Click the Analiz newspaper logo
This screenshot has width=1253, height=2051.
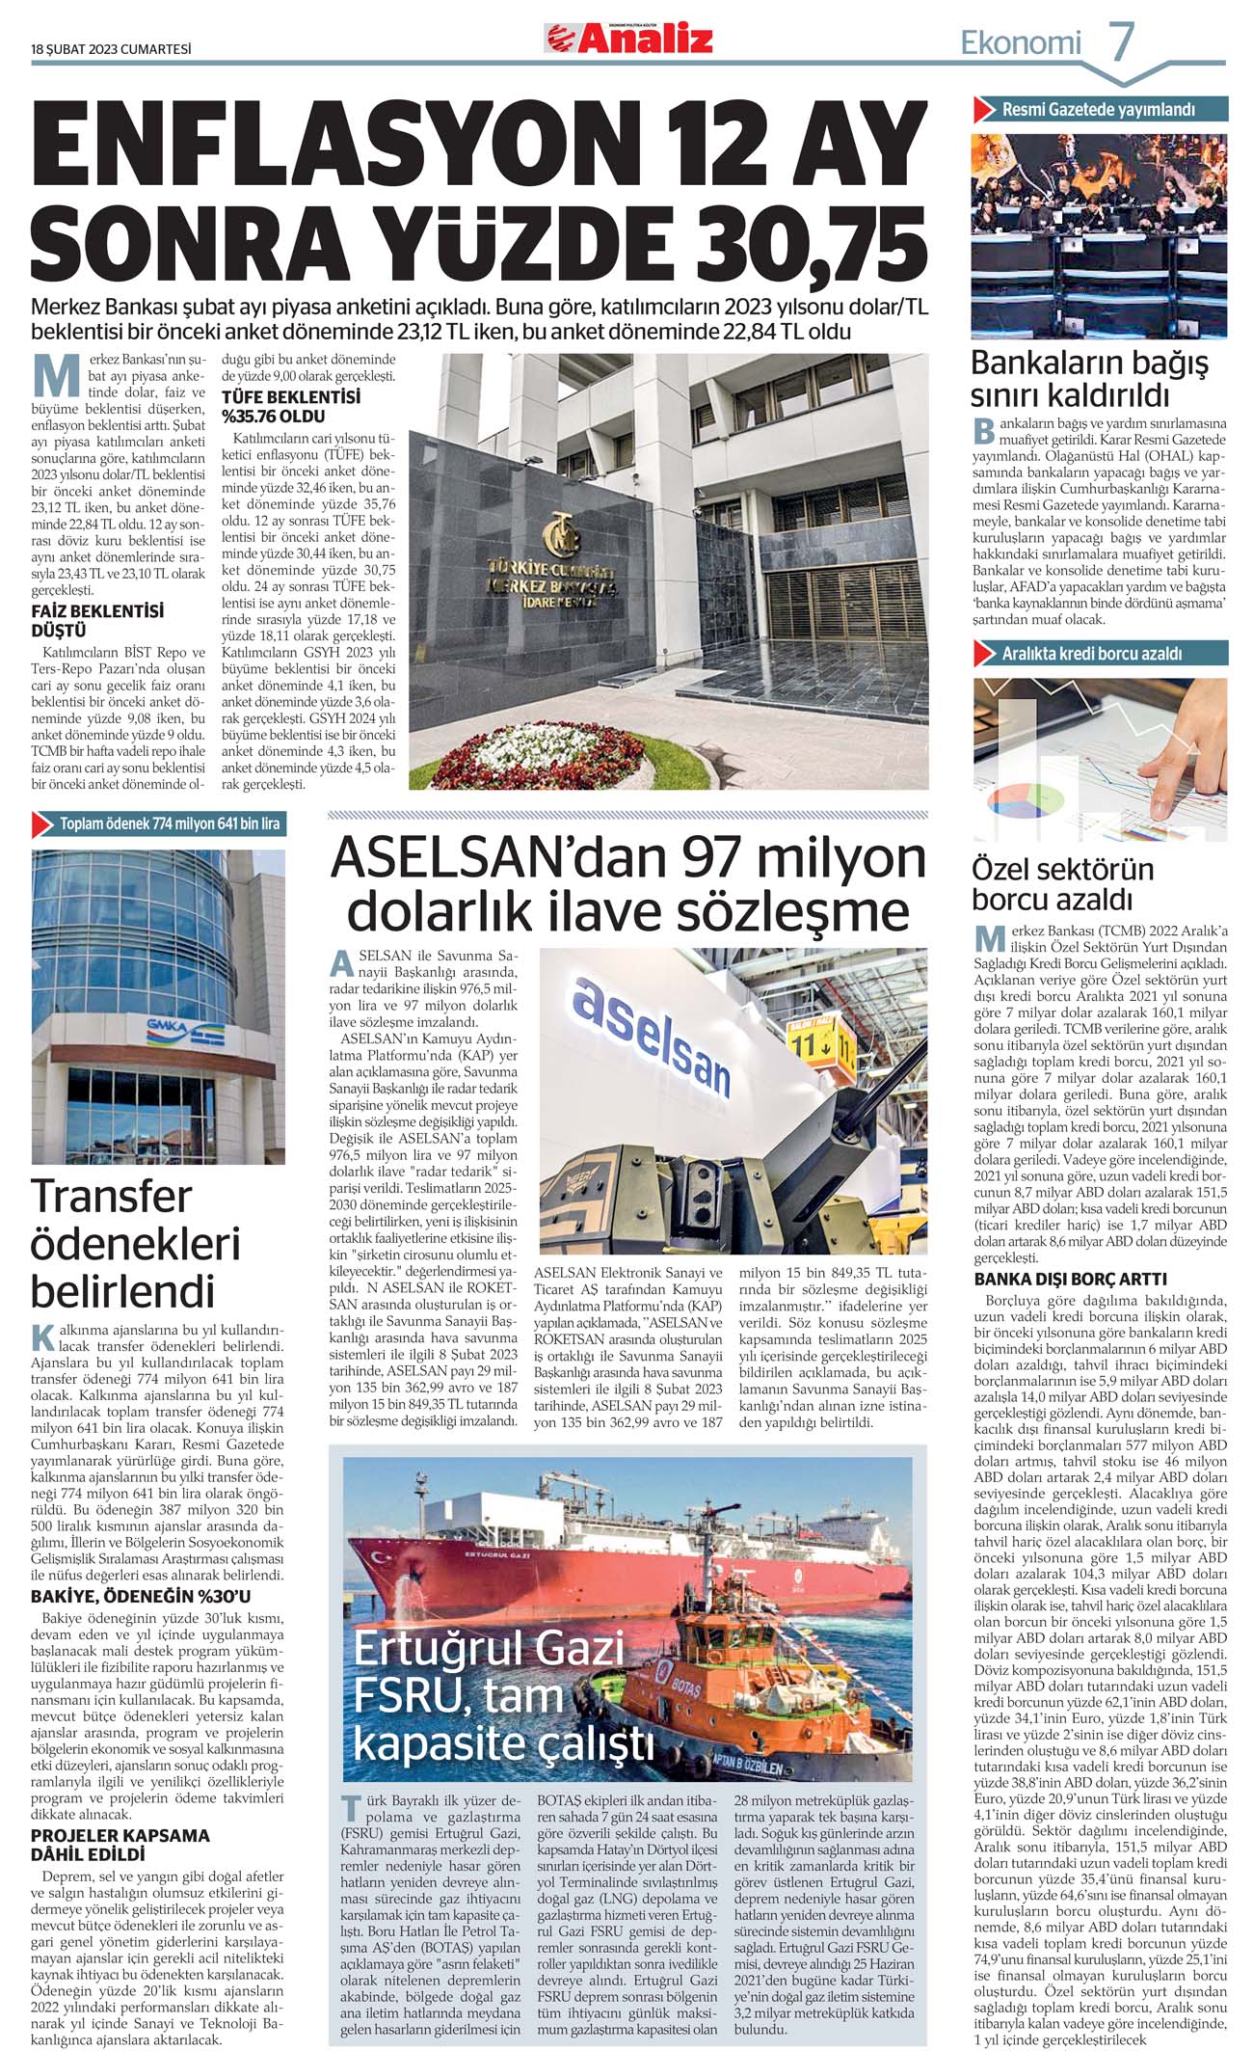628,39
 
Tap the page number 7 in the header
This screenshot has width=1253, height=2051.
1122,42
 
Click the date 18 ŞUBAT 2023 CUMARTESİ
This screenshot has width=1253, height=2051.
111,50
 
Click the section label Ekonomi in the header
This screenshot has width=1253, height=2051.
1021,43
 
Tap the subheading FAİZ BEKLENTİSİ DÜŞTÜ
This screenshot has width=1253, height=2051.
97,621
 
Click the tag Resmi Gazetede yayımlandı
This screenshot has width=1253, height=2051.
1098,110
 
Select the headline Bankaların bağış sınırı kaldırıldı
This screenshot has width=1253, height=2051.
1089,379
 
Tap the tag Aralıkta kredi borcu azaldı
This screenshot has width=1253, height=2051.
1091,654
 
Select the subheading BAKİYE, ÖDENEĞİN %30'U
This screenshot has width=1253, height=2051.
141,1597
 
